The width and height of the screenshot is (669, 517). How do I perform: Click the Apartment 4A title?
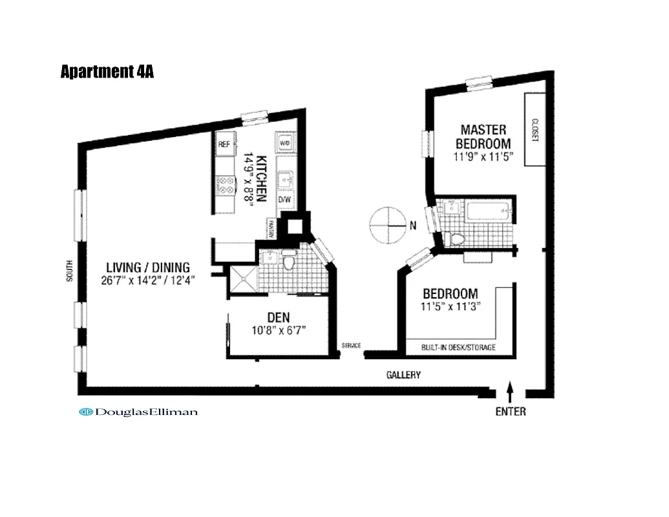(x=107, y=72)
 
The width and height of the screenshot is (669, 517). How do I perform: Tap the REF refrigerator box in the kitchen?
(x=224, y=145)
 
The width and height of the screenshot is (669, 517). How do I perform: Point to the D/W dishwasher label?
(x=284, y=200)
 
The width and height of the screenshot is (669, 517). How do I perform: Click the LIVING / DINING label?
(x=148, y=267)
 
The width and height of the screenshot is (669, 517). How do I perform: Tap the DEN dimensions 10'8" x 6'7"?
(x=278, y=330)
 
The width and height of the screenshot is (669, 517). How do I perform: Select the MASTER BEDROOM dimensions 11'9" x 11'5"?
(x=483, y=156)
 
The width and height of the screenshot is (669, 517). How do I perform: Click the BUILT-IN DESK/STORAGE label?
(x=458, y=348)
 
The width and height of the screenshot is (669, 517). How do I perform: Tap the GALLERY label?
(x=403, y=375)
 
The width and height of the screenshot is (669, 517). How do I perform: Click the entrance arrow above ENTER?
(x=510, y=390)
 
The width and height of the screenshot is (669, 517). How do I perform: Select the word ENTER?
(x=511, y=412)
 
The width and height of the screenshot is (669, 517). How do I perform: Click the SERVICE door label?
(x=351, y=346)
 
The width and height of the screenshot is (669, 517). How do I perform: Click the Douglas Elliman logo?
(x=138, y=412)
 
